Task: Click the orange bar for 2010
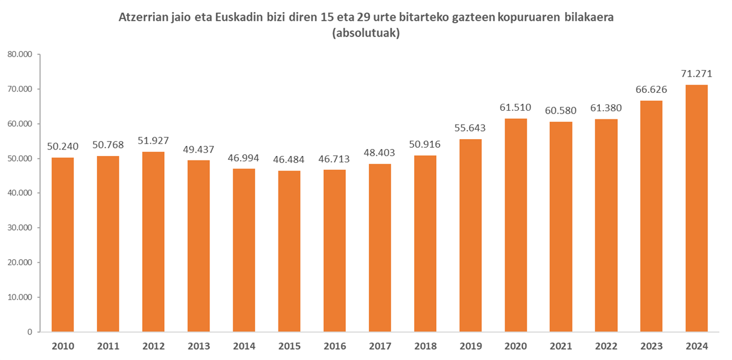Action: coord(63,245)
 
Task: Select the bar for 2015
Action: coord(289,251)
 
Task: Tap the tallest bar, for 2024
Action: coord(697,209)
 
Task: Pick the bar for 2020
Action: coord(516,225)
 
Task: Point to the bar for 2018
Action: coord(425,243)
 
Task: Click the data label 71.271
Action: coord(697,74)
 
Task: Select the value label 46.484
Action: coord(289,160)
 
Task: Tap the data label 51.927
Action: coord(153,141)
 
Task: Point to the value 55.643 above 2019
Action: coord(470,128)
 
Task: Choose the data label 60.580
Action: coord(561,111)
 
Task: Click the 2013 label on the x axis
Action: coord(199,346)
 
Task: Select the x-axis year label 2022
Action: coord(606,346)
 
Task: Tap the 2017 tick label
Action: coord(380,346)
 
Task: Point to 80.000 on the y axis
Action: coord(20,54)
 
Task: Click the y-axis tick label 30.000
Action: coord(20,228)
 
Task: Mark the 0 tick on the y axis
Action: coord(30,332)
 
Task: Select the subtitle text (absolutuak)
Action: coord(366,33)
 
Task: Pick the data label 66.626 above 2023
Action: coord(651,89)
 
